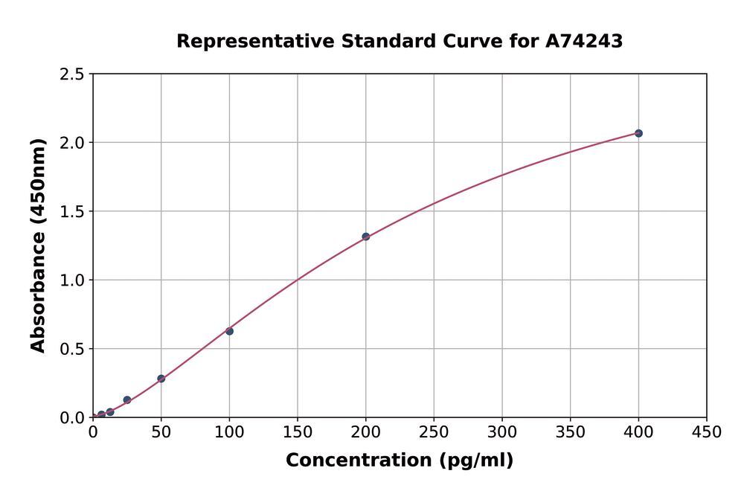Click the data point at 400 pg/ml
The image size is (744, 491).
tap(638, 133)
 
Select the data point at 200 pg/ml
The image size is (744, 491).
tap(365, 237)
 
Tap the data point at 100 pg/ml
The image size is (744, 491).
tap(229, 331)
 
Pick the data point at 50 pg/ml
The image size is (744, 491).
tap(161, 379)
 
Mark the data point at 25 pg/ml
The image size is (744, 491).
tap(127, 400)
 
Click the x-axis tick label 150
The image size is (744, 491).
tap(298, 432)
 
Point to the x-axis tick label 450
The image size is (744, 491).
tap(706, 432)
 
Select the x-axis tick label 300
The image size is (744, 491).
tap(501, 432)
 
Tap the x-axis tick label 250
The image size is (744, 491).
tap(434, 432)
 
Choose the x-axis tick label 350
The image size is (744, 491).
tap(570, 432)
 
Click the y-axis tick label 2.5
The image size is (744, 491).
tap(73, 74)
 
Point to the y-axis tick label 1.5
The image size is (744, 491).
tap(73, 212)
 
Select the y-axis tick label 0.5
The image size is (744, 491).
tap(73, 349)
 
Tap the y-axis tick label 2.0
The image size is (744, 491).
tap(73, 143)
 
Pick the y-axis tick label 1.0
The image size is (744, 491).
tap(73, 280)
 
